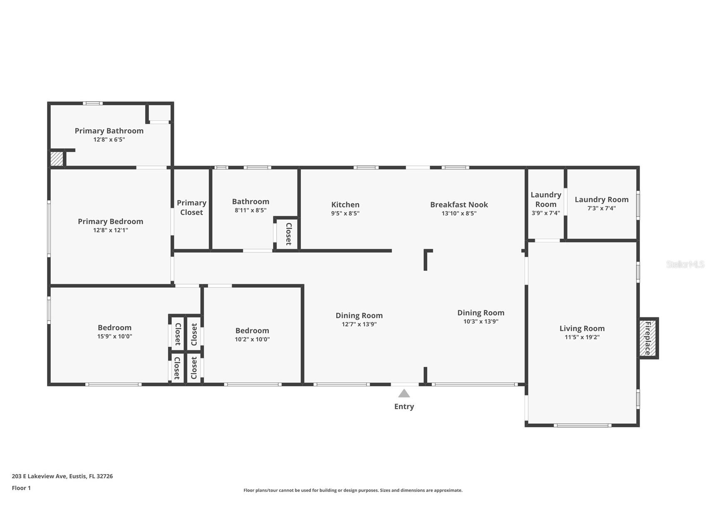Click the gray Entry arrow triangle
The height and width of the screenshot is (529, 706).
[404, 393]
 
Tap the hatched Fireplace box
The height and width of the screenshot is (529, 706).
[648, 338]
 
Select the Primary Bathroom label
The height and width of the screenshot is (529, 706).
[109, 131]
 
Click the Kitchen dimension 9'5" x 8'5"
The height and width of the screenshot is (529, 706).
[345, 213]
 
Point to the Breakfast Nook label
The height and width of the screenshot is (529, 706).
[459, 205]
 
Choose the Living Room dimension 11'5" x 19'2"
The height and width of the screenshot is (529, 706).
[582, 337]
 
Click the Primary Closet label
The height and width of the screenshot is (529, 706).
[191, 208]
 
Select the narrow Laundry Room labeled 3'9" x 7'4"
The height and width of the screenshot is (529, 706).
[546, 204]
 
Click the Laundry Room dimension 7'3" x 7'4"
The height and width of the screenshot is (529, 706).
[602, 208]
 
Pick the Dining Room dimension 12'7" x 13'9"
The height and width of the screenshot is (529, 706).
[359, 324]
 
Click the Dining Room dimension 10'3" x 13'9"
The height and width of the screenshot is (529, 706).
[481, 321]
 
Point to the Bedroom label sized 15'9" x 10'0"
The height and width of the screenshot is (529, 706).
[114, 328]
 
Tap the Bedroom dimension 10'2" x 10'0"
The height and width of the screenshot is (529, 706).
[252, 339]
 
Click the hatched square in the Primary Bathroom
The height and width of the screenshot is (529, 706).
[57, 159]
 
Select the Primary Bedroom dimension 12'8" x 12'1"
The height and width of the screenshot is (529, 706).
[111, 230]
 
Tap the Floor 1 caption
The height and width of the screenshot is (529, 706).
[21, 488]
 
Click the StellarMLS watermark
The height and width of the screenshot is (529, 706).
[685, 264]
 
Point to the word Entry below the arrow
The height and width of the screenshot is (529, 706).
[404, 407]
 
